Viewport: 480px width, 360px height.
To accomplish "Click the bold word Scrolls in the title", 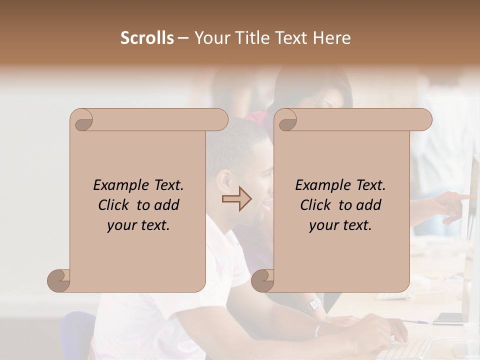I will [147, 38].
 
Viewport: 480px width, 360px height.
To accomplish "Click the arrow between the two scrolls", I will [236, 198].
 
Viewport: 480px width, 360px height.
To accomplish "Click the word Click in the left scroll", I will [114, 205].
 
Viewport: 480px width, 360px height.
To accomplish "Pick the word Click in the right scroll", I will [316, 205].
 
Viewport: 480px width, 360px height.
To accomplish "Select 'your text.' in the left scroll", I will [138, 225].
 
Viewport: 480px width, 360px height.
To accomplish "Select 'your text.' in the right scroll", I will [340, 225].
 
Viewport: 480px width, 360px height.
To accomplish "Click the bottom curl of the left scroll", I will [59, 280].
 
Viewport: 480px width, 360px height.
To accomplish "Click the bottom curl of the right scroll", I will [263, 280].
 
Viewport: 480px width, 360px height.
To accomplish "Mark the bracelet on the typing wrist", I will [318, 329].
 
